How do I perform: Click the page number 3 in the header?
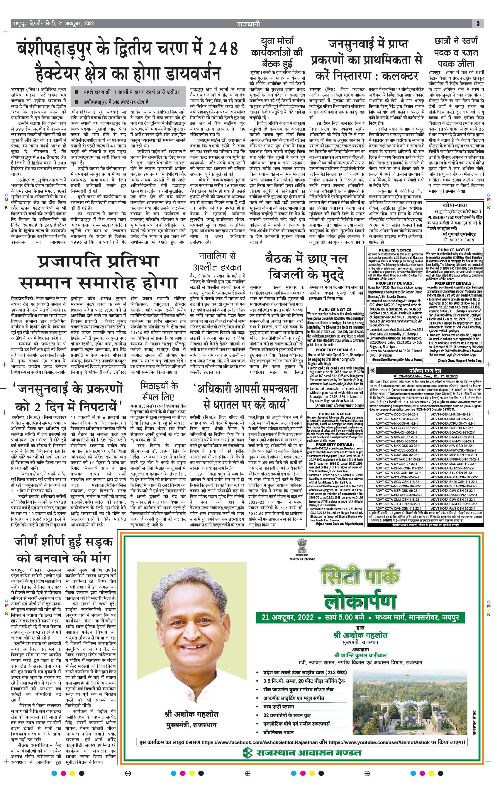click(x=478, y=24)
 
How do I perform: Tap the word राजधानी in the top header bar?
click(x=248, y=24)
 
